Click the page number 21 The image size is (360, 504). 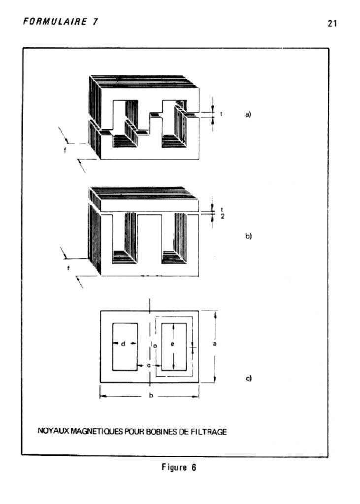point(332,24)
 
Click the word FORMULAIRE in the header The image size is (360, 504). point(55,22)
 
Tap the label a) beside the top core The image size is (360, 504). point(248,114)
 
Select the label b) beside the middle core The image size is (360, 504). point(248,236)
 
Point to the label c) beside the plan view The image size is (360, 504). point(248,378)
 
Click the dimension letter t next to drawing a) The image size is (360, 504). point(221,114)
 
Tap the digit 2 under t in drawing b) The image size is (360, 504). point(222,217)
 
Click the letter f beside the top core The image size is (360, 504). point(65,150)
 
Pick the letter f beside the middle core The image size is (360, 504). point(68,268)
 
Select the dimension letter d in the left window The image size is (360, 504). point(123,344)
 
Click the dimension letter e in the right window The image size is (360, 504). point(173,344)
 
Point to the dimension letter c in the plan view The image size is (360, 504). point(149,366)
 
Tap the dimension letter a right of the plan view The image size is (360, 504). point(215,344)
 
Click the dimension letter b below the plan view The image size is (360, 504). point(151,395)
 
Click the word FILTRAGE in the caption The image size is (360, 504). point(209,432)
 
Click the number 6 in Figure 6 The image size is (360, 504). point(194,468)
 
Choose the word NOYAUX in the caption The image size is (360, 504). point(53,431)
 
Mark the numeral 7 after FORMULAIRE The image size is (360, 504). point(95,22)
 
